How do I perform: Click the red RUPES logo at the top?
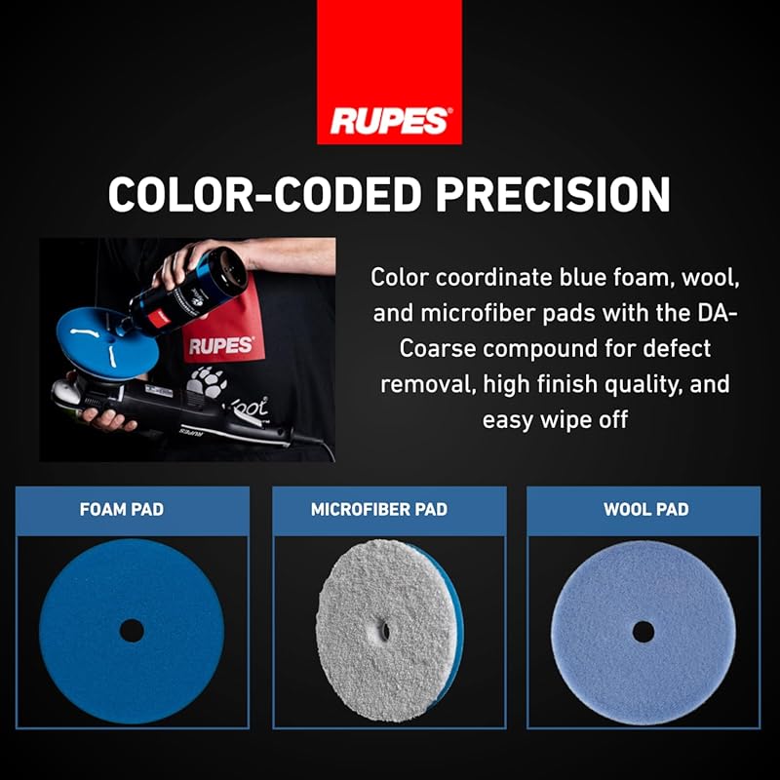[x=389, y=119]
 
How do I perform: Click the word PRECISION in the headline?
[x=553, y=195]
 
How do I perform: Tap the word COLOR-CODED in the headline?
[x=265, y=195]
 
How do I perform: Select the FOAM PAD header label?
[x=121, y=509]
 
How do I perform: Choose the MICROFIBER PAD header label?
[x=378, y=509]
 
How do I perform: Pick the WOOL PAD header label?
[x=645, y=509]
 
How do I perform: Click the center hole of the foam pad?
[x=131, y=631]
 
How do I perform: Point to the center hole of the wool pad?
[x=643, y=631]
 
